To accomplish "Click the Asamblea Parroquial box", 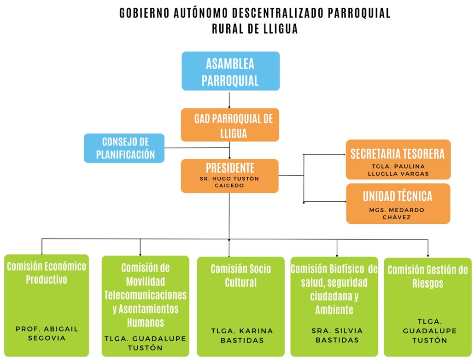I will click(x=230, y=71).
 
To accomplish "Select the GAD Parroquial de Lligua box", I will click(x=230, y=125).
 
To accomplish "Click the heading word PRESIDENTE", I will click(x=230, y=168).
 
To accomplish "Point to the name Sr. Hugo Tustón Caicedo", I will click(x=230, y=182).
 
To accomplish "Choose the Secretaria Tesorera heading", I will click(x=398, y=154).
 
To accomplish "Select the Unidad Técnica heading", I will click(x=398, y=196).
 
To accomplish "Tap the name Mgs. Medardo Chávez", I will click(x=398, y=213).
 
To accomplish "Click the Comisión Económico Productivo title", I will click(x=47, y=273).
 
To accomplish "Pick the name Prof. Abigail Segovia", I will click(x=47, y=333).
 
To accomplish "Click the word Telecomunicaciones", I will click(x=145, y=294).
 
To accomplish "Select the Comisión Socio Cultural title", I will click(x=240, y=275).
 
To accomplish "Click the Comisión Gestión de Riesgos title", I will click(x=427, y=276).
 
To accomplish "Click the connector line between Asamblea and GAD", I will click(x=229, y=99).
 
